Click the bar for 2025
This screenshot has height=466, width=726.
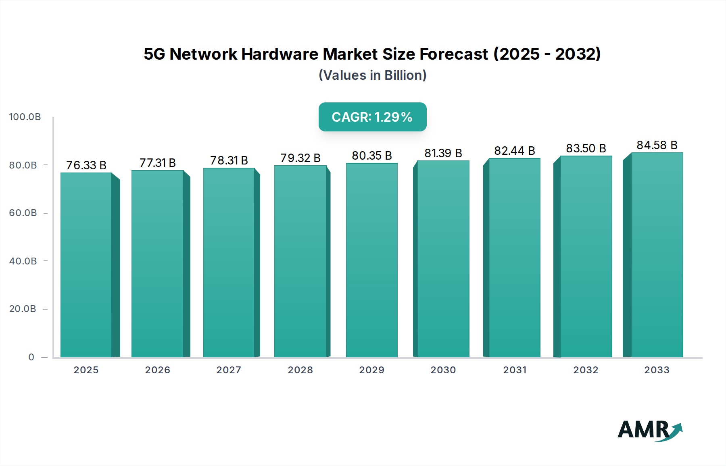86,265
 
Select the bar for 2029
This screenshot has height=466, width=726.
372,260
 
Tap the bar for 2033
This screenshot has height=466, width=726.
657,255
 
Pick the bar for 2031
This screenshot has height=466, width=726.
515,258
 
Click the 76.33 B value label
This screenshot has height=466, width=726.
86,165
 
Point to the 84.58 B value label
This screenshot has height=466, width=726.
657,145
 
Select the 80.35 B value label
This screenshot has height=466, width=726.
372,156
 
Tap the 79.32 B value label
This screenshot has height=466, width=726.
300,158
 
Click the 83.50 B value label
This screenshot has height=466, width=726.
586,148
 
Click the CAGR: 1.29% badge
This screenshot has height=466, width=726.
372,117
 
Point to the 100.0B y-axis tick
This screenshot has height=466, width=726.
25,117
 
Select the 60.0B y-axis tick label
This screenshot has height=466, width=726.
23,213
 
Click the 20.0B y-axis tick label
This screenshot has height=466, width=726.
23,309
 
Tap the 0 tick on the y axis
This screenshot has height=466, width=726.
31,357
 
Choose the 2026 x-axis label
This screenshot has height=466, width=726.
158,370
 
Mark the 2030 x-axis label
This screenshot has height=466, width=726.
443,370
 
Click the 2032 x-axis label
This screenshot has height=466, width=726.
586,370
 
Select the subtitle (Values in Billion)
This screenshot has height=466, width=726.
372,75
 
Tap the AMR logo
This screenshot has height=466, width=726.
649,430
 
